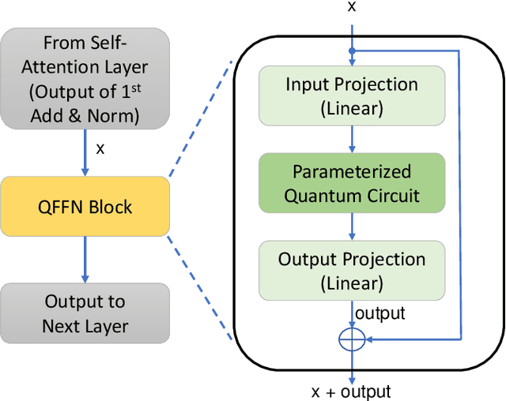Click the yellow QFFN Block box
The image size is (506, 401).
pyautogui.click(x=85, y=207)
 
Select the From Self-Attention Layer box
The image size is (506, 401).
pyautogui.click(x=85, y=79)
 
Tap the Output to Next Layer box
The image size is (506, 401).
pyautogui.click(x=85, y=313)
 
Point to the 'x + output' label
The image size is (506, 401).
pyautogui.click(x=353, y=391)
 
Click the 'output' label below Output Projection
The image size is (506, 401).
pyautogui.click(x=379, y=313)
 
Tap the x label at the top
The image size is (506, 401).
pyautogui.click(x=352, y=7)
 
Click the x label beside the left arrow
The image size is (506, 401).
pyautogui.click(x=100, y=148)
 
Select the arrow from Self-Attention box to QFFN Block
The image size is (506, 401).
pyautogui.click(x=85, y=153)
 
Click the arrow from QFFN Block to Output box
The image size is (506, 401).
pyautogui.click(x=85, y=260)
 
